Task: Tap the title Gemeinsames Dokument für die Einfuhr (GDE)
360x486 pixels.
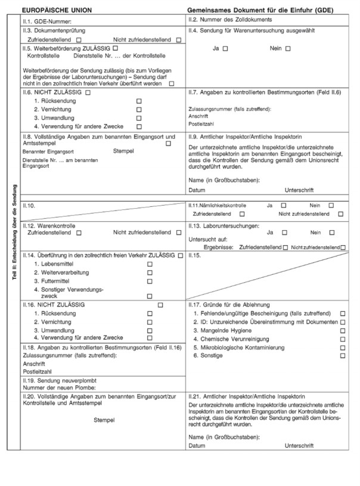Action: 260,11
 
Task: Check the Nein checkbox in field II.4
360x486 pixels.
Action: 288,48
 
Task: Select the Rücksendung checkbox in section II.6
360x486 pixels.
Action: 139,101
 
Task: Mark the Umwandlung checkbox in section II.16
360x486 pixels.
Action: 150,329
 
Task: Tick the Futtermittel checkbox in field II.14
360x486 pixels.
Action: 150,280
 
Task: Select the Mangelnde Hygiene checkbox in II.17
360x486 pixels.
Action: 342,330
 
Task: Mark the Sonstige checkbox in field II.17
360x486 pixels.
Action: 342,355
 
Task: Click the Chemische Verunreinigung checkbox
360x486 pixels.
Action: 342,338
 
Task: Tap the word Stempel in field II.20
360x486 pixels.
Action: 104,420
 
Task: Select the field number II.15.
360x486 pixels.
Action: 197,255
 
